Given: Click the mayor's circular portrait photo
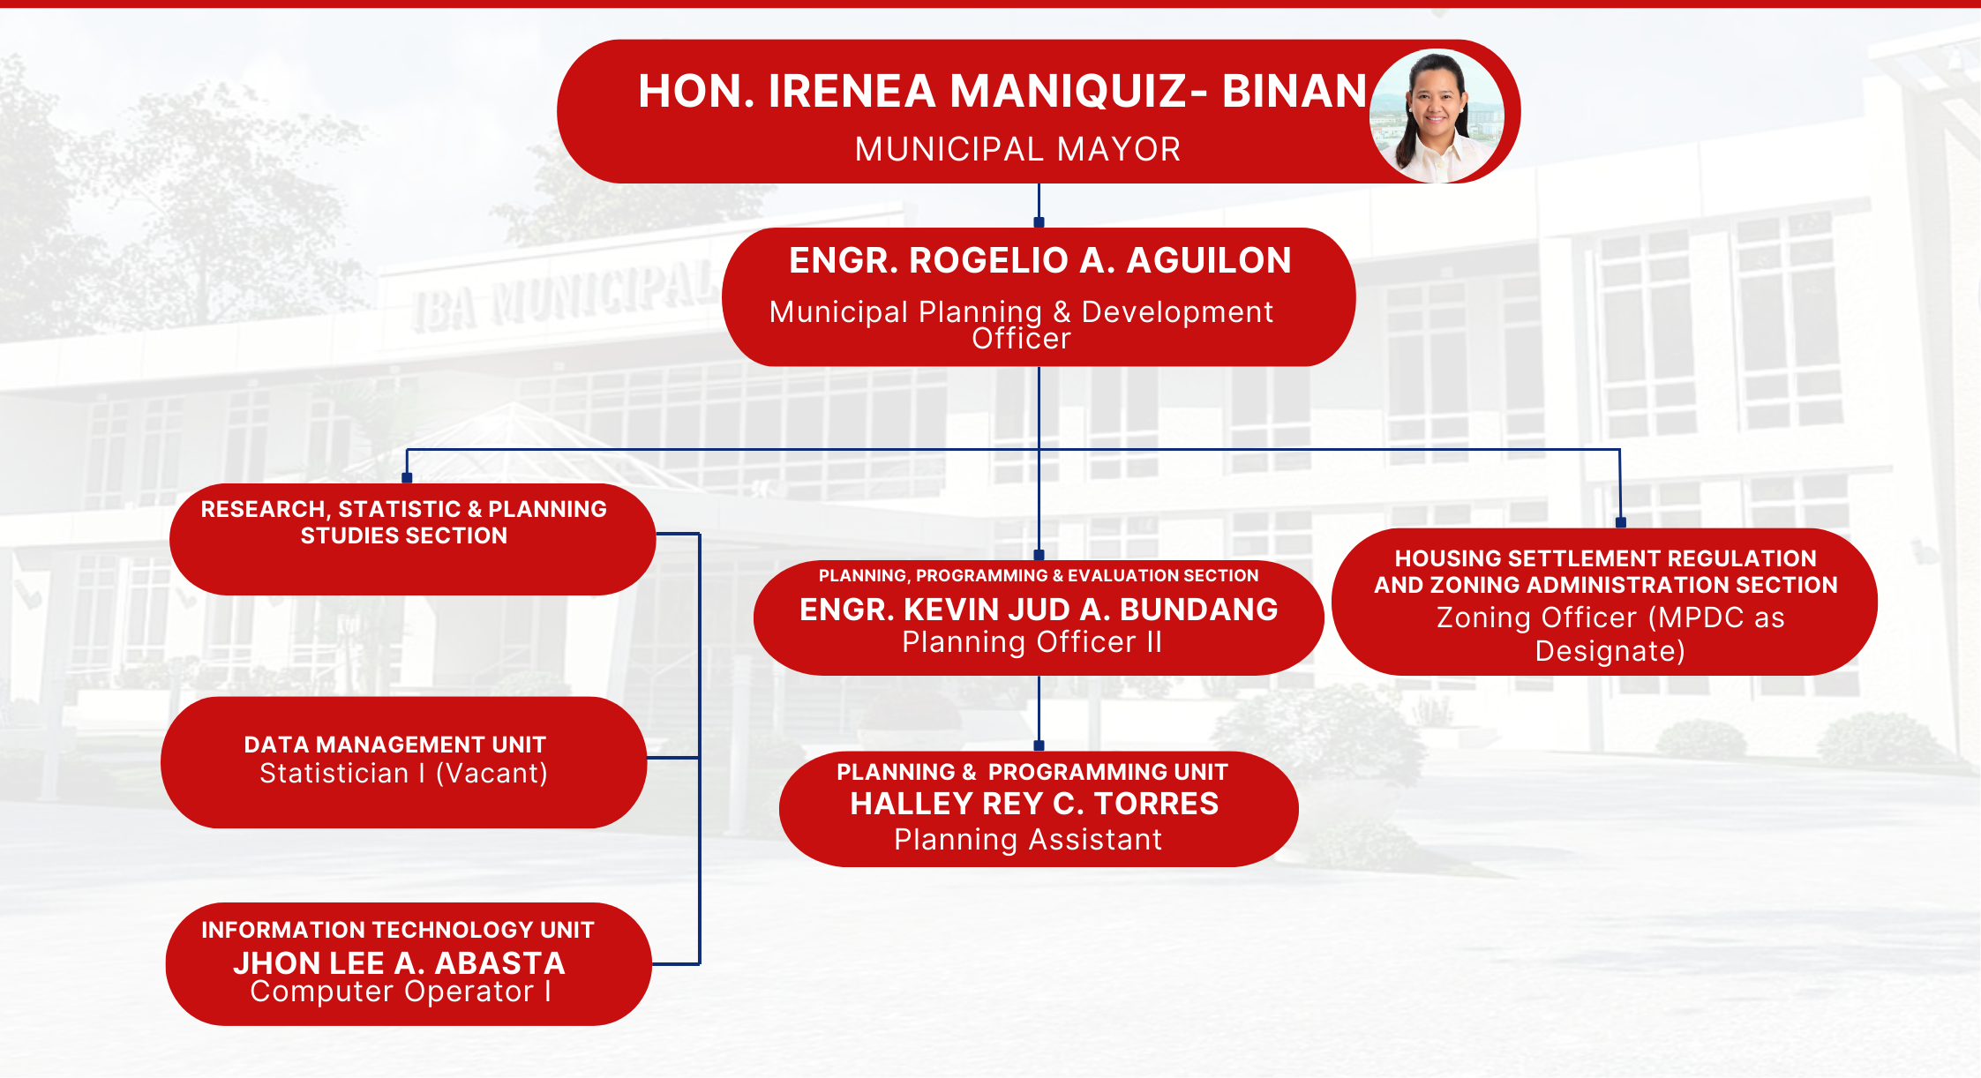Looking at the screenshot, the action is click(x=1437, y=116).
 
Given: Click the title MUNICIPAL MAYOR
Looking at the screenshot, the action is click(x=1017, y=149).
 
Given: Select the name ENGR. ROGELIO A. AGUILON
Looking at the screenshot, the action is click(x=1039, y=260).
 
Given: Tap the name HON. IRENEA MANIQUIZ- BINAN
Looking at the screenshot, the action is click(x=1002, y=91).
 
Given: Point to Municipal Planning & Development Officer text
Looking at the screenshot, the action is click(x=1021, y=324).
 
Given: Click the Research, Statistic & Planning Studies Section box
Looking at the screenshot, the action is click(x=412, y=539).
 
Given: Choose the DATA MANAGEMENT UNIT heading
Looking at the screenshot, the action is click(x=394, y=745).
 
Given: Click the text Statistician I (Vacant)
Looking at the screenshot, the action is click(x=403, y=774).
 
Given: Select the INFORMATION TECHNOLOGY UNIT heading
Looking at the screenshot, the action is click(x=397, y=930).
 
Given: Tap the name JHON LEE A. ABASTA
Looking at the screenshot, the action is click(x=399, y=962).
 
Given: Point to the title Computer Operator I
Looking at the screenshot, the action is click(x=401, y=992).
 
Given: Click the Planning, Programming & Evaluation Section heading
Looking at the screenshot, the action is click(x=1039, y=576).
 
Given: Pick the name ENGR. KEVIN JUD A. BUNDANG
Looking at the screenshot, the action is click(x=1039, y=610).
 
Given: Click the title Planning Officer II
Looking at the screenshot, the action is click(x=1032, y=642).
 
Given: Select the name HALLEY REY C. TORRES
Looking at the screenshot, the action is click(x=1034, y=804).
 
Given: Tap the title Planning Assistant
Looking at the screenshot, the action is click(x=1028, y=840).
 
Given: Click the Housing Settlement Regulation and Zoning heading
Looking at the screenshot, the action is click(x=1605, y=572).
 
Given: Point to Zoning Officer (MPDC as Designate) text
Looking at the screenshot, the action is click(x=1610, y=634).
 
